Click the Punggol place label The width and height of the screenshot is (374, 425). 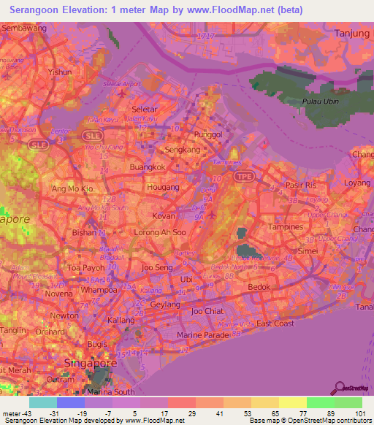point(209,134)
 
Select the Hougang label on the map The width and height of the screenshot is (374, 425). point(164,187)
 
